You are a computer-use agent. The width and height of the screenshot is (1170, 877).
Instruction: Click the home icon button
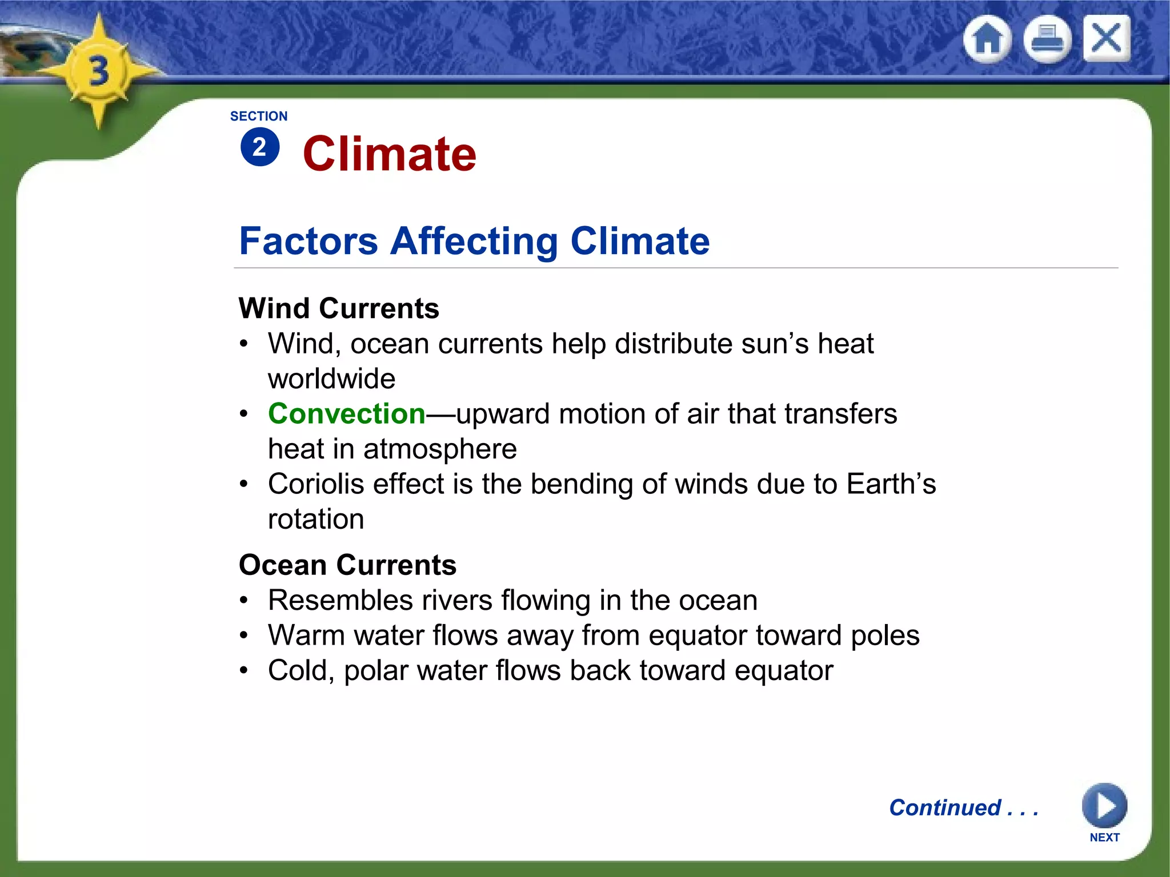987,39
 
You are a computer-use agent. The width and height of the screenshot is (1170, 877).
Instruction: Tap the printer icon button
1047,39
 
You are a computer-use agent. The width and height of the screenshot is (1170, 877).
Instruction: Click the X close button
1107,39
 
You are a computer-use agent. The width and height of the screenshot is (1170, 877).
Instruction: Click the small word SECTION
259,116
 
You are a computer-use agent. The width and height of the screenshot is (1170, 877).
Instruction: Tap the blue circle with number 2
260,147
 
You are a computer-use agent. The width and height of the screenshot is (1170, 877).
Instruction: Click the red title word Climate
389,154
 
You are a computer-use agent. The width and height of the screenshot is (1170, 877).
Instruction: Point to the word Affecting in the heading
474,241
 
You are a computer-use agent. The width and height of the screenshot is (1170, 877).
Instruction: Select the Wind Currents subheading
339,308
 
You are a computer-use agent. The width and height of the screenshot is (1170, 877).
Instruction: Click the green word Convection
347,413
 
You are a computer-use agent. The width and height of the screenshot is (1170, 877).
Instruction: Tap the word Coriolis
316,484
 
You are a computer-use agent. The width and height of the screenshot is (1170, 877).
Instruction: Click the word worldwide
331,379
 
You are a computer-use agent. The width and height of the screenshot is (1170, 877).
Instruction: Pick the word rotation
316,519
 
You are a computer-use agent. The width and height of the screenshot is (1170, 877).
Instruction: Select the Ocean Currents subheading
347,565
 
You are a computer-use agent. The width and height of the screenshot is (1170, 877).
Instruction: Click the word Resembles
340,600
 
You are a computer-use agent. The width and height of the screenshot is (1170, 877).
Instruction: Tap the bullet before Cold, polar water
244,670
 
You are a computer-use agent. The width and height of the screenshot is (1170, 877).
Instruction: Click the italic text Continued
945,807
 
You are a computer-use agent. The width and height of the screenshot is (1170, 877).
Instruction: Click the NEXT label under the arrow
1104,837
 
